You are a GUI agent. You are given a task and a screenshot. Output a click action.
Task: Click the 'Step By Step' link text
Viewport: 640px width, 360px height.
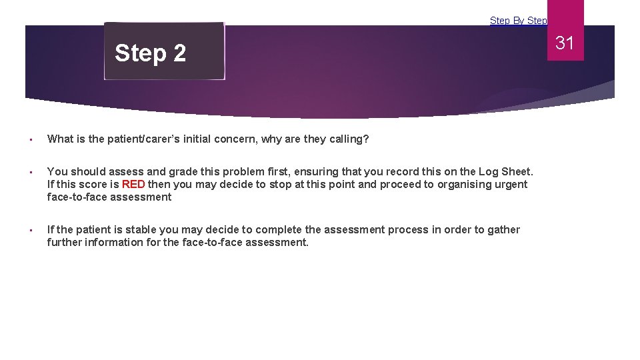tap(518, 21)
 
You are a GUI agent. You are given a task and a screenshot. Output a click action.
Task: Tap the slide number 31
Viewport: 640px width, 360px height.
tap(565, 43)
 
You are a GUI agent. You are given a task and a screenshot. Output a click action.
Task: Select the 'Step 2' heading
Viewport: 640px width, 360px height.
tap(150, 53)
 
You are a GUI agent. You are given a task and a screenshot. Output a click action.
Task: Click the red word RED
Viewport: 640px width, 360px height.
tap(133, 184)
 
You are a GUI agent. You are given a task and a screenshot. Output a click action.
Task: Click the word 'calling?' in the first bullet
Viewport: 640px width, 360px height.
tap(347, 139)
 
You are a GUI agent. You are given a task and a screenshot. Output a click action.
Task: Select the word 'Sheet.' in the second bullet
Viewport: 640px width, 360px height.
tap(518, 171)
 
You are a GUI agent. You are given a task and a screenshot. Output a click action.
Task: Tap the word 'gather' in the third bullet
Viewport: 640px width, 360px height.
tap(503, 229)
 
